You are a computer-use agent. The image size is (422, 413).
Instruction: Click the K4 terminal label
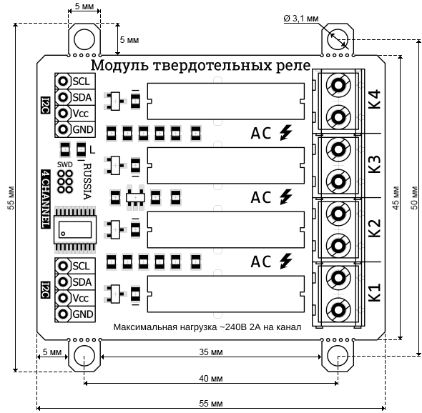(375, 99)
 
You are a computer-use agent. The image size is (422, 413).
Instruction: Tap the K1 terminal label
(375, 292)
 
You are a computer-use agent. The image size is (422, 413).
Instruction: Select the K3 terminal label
(375, 164)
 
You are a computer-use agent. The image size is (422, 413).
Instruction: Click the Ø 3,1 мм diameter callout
(301, 19)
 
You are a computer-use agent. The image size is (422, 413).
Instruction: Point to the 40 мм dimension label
(211, 379)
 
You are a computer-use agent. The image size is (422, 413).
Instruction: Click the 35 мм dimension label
(211, 352)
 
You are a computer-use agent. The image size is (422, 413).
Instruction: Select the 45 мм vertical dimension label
(396, 198)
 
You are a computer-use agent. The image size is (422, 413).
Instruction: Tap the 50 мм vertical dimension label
(414, 198)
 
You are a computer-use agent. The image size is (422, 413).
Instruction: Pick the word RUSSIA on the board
(87, 181)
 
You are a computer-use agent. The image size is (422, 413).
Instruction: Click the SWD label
(64, 164)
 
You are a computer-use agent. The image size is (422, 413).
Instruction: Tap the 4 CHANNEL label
(46, 199)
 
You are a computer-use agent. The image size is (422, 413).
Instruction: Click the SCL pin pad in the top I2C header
(63, 81)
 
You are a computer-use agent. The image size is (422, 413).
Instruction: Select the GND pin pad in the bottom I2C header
(63, 314)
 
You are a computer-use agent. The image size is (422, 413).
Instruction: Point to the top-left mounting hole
(84, 39)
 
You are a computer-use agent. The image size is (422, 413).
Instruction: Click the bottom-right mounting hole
(338, 356)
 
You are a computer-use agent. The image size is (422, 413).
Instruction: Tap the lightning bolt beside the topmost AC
(286, 133)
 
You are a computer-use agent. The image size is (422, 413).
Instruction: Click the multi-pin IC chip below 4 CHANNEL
(75, 229)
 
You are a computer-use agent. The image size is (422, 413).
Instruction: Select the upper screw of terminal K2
(338, 214)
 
